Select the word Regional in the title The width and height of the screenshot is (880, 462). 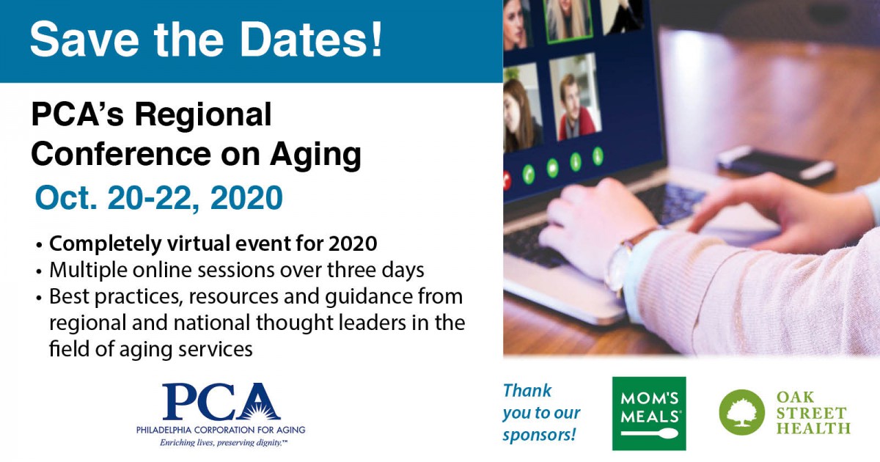click(203, 115)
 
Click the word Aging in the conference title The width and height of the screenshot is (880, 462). click(315, 156)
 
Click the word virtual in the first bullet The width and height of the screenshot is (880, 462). click(197, 243)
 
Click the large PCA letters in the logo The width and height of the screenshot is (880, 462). click(221, 402)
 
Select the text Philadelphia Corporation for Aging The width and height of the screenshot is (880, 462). click(221, 430)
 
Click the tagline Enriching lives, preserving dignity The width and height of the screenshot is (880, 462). click(223, 443)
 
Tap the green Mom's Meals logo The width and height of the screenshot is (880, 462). click(649, 414)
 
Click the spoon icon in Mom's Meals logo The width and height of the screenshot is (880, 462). click(650, 433)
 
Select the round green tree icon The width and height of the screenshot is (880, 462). click(741, 412)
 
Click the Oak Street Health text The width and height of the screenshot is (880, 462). click(813, 412)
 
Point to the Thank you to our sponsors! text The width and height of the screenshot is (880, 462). click(541, 413)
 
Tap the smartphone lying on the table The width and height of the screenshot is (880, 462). click(776, 165)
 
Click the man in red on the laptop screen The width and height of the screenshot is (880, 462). click(576, 108)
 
